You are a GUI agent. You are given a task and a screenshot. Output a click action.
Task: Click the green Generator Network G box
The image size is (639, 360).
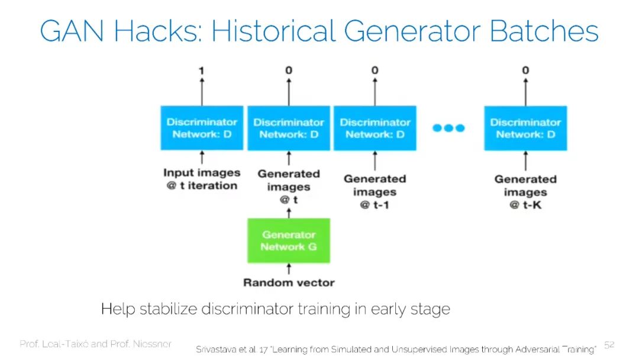[x=289, y=240]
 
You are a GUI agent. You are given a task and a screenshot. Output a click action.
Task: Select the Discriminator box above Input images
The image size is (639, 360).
[x=202, y=128]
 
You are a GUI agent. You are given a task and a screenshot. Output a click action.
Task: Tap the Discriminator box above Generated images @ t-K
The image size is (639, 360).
[x=525, y=128]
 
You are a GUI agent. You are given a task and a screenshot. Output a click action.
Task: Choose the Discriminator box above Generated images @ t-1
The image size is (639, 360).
[x=375, y=128]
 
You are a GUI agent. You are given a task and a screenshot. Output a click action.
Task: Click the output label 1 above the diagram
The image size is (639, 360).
[x=202, y=71]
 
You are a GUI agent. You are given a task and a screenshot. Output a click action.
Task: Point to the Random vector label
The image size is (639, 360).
[x=289, y=282]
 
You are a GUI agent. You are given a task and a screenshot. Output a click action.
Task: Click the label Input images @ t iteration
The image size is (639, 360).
[x=202, y=179]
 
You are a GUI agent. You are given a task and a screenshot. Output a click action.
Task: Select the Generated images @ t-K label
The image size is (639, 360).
[x=525, y=192]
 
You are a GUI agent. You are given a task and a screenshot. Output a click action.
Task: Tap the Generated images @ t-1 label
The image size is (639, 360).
[x=375, y=192]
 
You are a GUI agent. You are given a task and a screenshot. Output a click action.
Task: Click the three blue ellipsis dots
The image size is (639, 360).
[x=449, y=128]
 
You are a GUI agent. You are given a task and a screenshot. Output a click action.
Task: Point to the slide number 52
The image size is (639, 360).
[x=609, y=345]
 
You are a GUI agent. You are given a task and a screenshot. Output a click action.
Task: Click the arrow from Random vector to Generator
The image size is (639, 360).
[x=289, y=269]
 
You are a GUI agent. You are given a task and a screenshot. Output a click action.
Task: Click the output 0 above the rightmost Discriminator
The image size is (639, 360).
[x=525, y=71]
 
